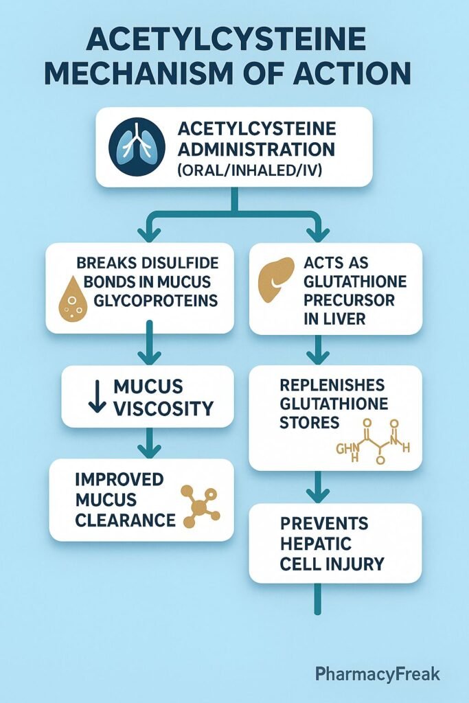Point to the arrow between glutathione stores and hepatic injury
tap(317, 487)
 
